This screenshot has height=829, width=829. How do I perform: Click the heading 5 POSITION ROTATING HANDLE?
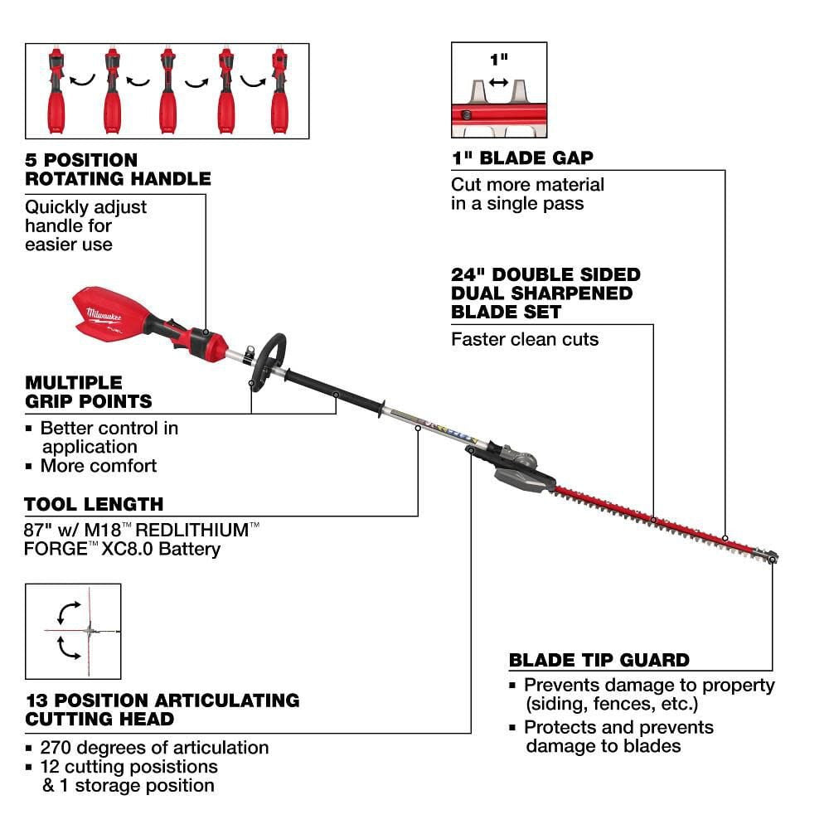[x=118, y=168]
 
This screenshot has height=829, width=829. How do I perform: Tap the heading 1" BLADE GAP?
[x=521, y=158]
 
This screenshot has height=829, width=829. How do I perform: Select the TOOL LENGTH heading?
[x=94, y=504]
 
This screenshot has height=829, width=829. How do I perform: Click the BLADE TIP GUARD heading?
[x=599, y=661]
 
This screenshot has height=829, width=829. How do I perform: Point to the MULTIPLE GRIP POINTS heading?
[x=89, y=392]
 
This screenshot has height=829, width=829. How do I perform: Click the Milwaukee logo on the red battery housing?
[x=104, y=314]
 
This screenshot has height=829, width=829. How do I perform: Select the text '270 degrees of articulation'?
[x=155, y=748]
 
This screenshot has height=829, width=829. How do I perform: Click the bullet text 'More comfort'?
[x=98, y=466]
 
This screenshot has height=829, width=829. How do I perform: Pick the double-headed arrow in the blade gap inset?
[x=498, y=81]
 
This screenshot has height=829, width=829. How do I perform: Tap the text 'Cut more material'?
[x=527, y=184]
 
